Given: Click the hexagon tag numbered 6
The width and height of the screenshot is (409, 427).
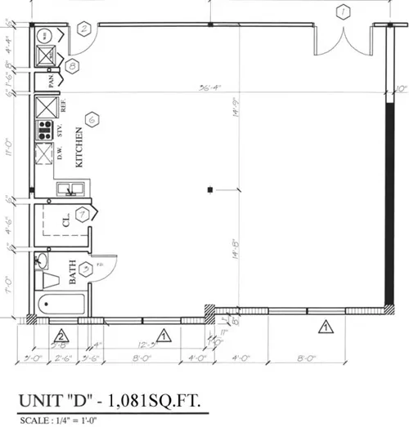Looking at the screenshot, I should [92, 119].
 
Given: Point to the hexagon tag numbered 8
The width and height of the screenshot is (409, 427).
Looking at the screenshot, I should [72, 66].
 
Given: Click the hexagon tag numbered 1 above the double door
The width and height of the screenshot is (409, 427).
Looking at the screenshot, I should [344, 11].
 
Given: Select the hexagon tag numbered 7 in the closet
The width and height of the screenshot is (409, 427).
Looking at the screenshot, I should [82, 216].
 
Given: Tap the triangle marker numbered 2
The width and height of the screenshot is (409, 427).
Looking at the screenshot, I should [60, 336].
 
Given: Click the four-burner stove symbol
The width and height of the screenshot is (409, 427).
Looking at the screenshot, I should [44, 130].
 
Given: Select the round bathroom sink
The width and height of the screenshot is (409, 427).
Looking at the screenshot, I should [43, 261].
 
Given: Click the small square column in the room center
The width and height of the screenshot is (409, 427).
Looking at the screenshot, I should [211, 189].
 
